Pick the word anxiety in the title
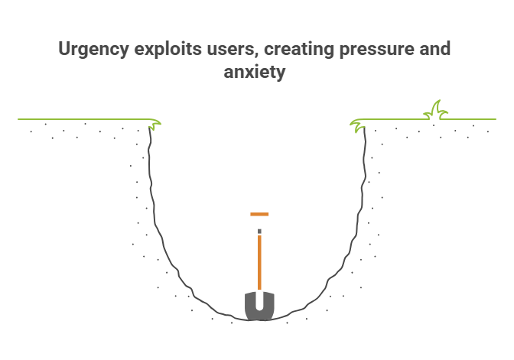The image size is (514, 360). click(256, 73)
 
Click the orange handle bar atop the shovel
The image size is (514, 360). click(259, 214)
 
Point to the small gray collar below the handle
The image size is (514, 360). click(259, 231)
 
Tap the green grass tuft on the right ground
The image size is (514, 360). click(436, 111)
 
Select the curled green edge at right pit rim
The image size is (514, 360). click(357, 124)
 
